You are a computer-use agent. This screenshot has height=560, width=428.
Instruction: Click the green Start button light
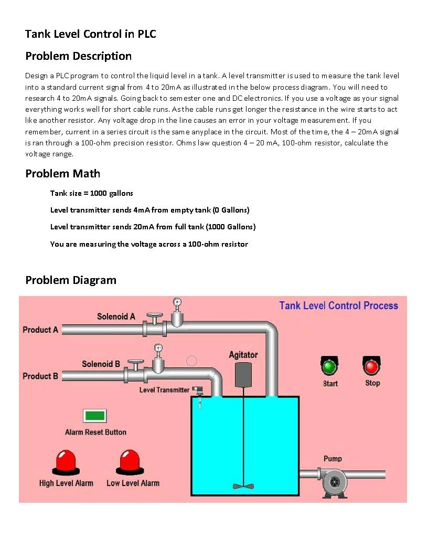pyautogui.click(x=329, y=366)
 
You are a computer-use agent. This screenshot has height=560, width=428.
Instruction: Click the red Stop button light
pyautogui.click(x=372, y=366)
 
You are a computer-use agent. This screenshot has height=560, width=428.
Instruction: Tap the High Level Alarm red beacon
pyautogui.click(x=66, y=461)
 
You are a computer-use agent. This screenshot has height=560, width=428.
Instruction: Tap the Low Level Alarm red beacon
pyautogui.click(x=130, y=461)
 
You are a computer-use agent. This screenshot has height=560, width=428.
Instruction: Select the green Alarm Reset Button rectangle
pyautogui.click(x=95, y=416)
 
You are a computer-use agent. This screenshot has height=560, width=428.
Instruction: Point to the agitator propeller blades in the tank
pyautogui.click(x=243, y=485)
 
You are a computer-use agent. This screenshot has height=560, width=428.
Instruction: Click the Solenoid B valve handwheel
pyautogui.click(x=135, y=362)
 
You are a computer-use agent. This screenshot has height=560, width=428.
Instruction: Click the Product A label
pyautogui.click(x=40, y=330)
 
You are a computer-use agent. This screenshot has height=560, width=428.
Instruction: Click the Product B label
pyautogui.click(x=40, y=376)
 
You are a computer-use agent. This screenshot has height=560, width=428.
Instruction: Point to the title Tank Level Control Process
pyautogui.click(x=338, y=305)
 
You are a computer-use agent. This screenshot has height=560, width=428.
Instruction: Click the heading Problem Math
pyautogui.click(x=62, y=173)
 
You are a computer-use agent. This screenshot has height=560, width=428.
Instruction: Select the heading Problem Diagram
pyautogui.click(x=71, y=280)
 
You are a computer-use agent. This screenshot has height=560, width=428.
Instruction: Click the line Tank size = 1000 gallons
pyautogui.click(x=92, y=193)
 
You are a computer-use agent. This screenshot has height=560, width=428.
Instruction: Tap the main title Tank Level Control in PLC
pyautogui.click(x=91, y=34)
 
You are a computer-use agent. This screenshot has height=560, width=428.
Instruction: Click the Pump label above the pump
pyautogui.click(x=333, y=458)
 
